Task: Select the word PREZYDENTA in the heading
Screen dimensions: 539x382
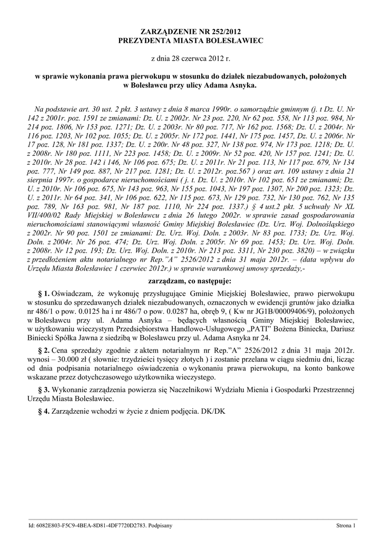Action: [x=144, y=41]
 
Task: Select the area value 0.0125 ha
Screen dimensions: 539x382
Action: [x=101, y=311]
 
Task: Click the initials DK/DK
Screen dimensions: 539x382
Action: [x=213, y=411]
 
